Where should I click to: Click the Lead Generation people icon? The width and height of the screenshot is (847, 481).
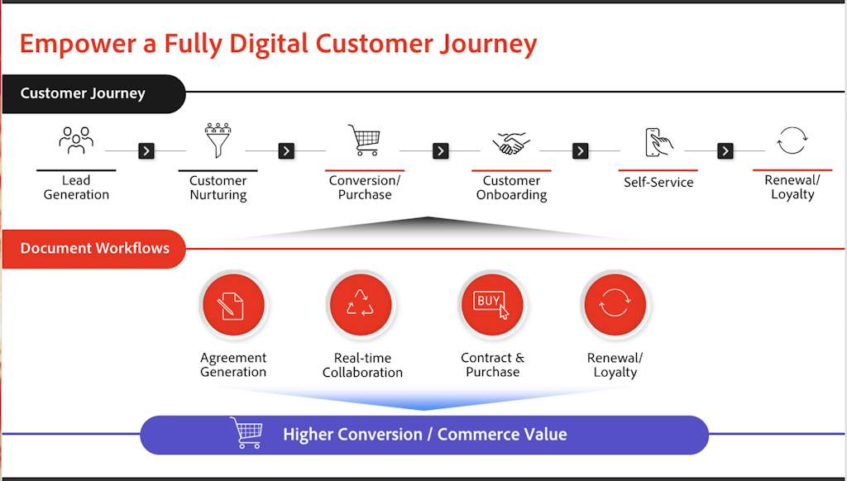(76, 140)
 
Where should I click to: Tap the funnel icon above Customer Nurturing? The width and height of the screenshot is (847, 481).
(218, 140)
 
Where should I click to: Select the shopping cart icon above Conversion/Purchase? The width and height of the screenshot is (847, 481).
(364, 140)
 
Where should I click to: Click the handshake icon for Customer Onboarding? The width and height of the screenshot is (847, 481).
(511, 142)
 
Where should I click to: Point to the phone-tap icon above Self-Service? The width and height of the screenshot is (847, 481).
(658, 142)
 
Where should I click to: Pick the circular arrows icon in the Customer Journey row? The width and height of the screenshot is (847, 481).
(792, 140)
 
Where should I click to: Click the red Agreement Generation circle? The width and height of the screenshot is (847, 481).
(233, 305)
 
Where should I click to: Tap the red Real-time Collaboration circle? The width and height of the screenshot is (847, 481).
(361, 305)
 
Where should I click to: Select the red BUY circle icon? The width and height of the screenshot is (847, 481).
(492, 305)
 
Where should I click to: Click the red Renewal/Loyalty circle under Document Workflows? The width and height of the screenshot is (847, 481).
(615, 305)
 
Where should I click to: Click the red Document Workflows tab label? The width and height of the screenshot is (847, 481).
(93, 249)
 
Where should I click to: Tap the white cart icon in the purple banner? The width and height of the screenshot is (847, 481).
(246, 432)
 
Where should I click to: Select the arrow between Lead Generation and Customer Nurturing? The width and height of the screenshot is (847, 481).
(146, 150)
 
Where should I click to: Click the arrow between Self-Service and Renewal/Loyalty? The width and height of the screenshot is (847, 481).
(725, 150)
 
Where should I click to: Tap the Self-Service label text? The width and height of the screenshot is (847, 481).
(658, 183)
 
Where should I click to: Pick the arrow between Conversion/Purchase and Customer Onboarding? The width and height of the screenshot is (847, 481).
(441, 150)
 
